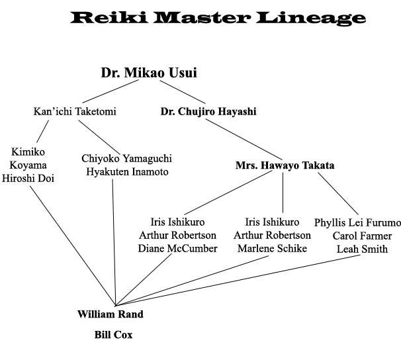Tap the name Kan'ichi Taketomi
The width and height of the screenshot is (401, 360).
click(x=74, y=111)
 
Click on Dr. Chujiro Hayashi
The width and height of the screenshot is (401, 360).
click(x=208, y=111)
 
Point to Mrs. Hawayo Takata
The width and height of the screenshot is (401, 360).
click(x=285, y=165)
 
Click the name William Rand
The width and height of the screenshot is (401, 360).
click(x=111, y=314)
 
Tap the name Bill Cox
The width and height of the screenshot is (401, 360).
click(x=112, y=335)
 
